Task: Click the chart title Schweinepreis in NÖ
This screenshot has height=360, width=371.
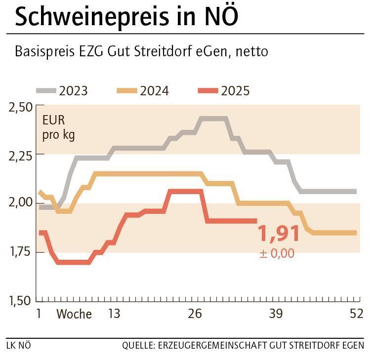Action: (x=126, y=17)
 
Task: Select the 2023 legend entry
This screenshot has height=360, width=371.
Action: (x=62, y=91)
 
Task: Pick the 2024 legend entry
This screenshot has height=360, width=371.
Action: (x=143, y=91)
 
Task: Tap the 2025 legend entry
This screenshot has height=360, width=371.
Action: (x=224, y=91)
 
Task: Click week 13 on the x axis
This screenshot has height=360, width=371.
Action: (x=114, y=314)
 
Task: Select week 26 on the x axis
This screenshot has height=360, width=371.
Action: (x=195, y=314)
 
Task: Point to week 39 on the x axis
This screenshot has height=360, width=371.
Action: (x=276, y=314)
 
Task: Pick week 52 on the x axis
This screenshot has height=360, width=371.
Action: (x=356, y=314)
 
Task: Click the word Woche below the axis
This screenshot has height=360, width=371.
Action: (x=74, y=314)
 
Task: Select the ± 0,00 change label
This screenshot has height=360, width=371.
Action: (x=277, y=253)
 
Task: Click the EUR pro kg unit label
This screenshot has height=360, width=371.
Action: (x=58, y=127)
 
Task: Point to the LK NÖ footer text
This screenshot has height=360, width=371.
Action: (x=19, y=345)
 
